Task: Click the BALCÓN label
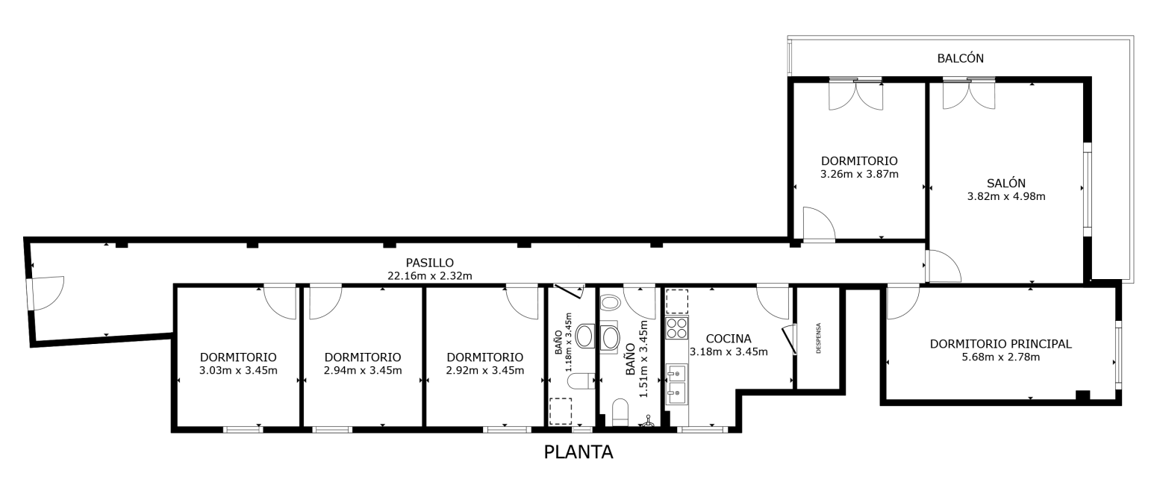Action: tap(960, 58)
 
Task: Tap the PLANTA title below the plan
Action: tap(578, 452)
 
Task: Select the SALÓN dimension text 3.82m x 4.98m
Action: tap(1006, 196)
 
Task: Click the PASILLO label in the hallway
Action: tap(430, 263)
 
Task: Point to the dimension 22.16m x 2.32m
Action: tap(430, 276)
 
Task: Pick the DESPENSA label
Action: tap(818, 338)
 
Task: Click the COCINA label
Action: tap(729, 339)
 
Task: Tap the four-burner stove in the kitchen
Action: tap(676, 328)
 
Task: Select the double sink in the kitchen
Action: tap(676, 384)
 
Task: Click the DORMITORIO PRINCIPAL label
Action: tap(1001, 344)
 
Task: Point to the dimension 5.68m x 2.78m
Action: tap(1001, 357)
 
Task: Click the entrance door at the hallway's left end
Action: tap(46, 293)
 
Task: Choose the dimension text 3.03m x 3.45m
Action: tap(238, 370)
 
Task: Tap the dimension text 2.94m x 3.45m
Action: tap(363, 370)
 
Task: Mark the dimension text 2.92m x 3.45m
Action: tap(485, 370)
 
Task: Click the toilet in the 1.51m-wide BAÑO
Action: tap(620, 412)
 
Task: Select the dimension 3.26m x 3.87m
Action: tap(859, 174)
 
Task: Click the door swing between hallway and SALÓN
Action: tap(944, 266)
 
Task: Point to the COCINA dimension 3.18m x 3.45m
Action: tap(729, 351)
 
